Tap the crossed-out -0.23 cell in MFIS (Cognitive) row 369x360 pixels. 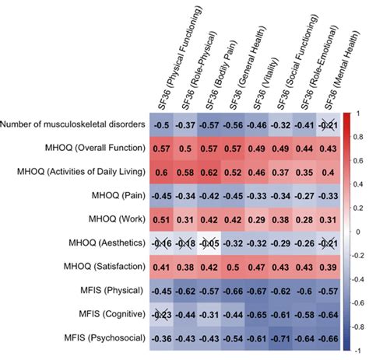[162, 315]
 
